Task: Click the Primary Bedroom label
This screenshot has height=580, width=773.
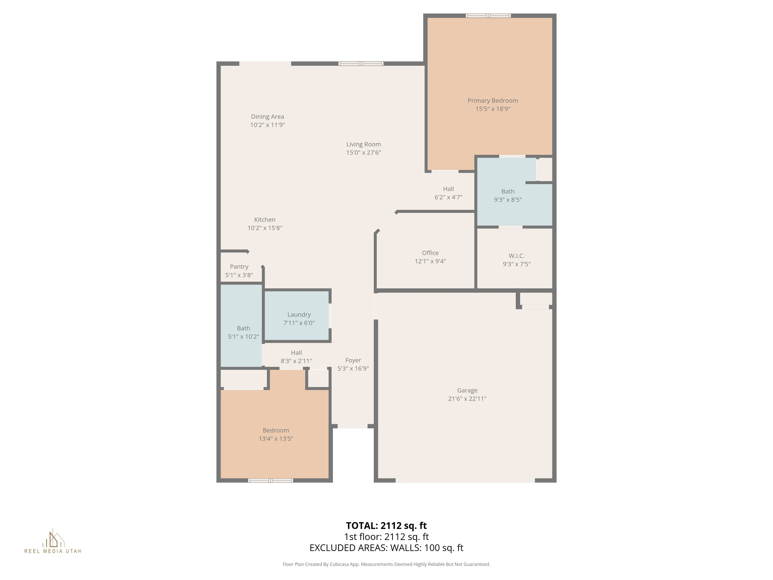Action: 493,100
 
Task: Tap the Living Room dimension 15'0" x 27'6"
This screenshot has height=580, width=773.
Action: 363,153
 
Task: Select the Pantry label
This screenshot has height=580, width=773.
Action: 239,267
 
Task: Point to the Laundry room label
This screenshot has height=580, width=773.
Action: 299,315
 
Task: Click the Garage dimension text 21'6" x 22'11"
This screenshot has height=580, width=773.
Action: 467,398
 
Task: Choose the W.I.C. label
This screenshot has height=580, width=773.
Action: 516,256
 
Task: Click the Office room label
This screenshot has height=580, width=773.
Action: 430,253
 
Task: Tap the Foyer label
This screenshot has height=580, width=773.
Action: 353,360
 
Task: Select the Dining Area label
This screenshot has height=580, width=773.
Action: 267,117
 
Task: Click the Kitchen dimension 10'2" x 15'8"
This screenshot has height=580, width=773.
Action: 265,228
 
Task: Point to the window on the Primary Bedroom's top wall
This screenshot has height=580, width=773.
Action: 488,15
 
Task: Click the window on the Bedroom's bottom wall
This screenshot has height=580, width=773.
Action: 270,480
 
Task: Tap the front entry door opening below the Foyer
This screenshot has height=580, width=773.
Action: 352,426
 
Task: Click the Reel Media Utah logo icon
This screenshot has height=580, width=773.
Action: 53,538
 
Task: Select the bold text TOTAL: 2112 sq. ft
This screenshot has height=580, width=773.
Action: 386,526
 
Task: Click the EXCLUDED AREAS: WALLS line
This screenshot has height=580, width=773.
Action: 386,548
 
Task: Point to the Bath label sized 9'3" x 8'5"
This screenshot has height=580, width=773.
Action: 508,191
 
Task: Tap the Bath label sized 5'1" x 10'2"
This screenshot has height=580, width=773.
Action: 243,328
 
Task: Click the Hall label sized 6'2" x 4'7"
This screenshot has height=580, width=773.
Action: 448,189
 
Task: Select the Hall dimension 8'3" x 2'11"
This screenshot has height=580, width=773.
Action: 296,361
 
